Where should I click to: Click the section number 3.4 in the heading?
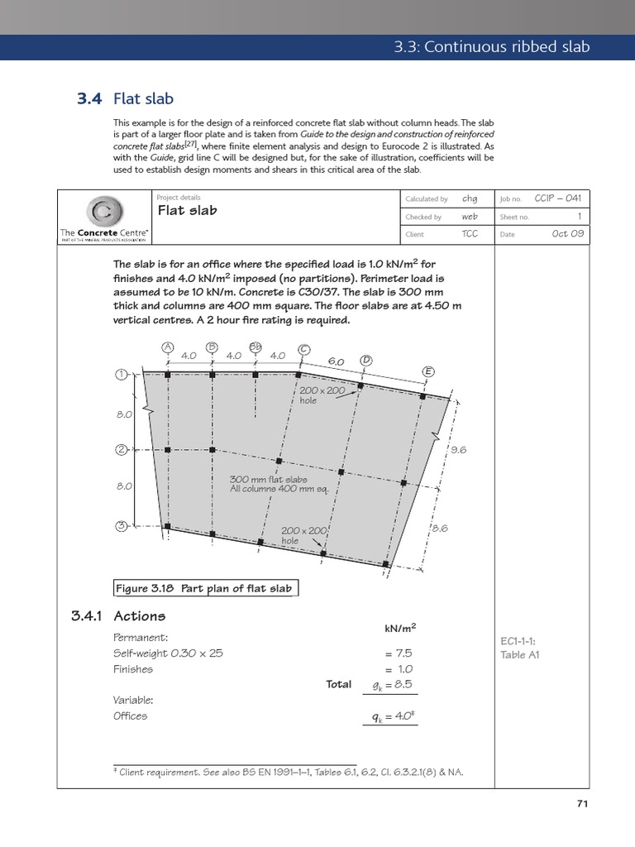click(88, 99)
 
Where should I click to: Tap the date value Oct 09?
click(567, 234)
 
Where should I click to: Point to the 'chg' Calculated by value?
click(470, 199)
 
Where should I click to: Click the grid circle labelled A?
click(167, 347)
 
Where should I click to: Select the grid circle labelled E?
click(428, 371)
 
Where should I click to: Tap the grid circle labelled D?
click(365, 361)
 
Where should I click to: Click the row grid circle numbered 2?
click(121, 450)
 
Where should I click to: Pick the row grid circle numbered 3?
click(121, 526)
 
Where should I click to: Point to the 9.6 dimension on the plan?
click(458, 449)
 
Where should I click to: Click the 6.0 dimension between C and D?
click(336, 361)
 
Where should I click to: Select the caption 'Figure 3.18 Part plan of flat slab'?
click(204, 588)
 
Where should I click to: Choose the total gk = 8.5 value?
click(392, 684)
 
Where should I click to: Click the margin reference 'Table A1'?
click(519, 655)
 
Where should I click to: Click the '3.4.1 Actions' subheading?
click(120, 616)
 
